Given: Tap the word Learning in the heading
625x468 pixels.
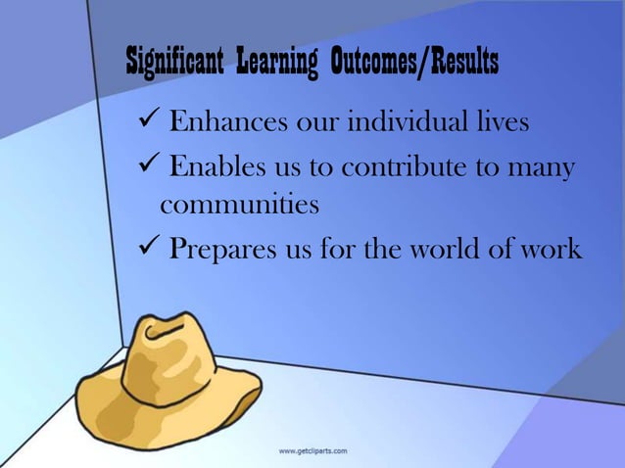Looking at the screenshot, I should pyautogui.click(x=274, y=63).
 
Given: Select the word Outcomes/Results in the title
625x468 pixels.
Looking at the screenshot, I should pyautogui.click(x=413, y=63).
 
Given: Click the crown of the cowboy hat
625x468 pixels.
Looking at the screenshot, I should pyautogui.click(x=162, y=348).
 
